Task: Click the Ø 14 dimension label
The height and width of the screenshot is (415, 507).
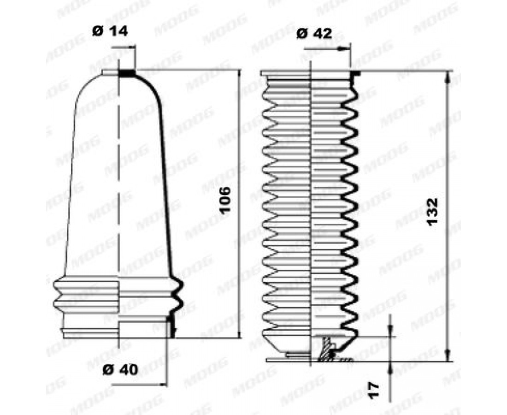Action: coord(110,31)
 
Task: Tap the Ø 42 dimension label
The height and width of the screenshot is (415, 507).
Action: coord(314,33)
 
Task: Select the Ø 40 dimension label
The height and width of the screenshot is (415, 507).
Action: coord(120,369)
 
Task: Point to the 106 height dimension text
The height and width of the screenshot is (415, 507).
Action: coord(225,200)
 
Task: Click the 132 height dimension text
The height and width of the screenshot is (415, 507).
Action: coord(432,212)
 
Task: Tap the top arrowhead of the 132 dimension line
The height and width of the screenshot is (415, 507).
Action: coord(448,77)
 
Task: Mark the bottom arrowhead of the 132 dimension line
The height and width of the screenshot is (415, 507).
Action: coord(448,356)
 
